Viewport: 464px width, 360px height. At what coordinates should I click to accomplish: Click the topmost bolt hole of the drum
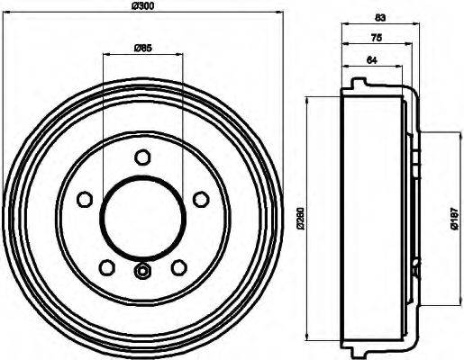click(x=141, y=158)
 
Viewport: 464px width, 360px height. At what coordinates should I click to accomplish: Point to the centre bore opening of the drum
click(x=141, y=216)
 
